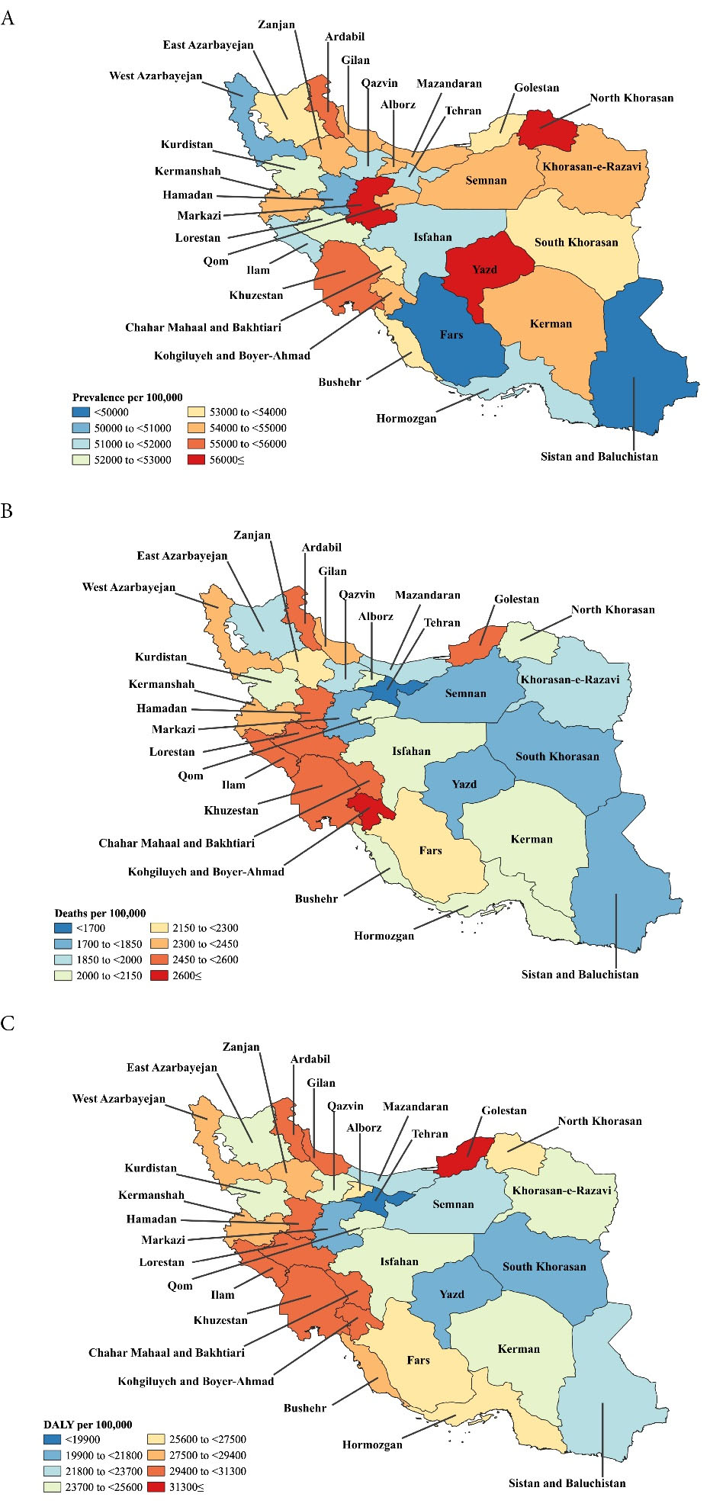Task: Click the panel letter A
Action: tap(8, 18)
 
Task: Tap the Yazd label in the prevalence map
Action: tap(484, 269)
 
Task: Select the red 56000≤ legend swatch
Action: tap(197, 460)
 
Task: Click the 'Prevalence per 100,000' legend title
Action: tap(127, 397)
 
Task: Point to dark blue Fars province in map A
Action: tap(451, 334)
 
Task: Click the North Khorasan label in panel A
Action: tap(631, 98)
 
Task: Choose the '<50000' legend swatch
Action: tap(81, 412)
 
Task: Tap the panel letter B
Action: tap(7, 511)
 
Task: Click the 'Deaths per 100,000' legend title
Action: tap(100, 913)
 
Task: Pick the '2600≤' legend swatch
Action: tap(159, 975)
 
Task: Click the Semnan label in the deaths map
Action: tap(465, 693)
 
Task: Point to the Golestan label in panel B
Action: tap(516, 599)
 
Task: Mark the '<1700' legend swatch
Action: tap(63, 928)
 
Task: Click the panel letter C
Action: tap(8, 1023)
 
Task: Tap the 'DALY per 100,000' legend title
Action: tap(88, 1424)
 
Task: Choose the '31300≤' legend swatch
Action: tap(156, 1486)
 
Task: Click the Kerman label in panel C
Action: tap(519, 1348)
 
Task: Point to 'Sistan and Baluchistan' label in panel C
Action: tap(567, 1483)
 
